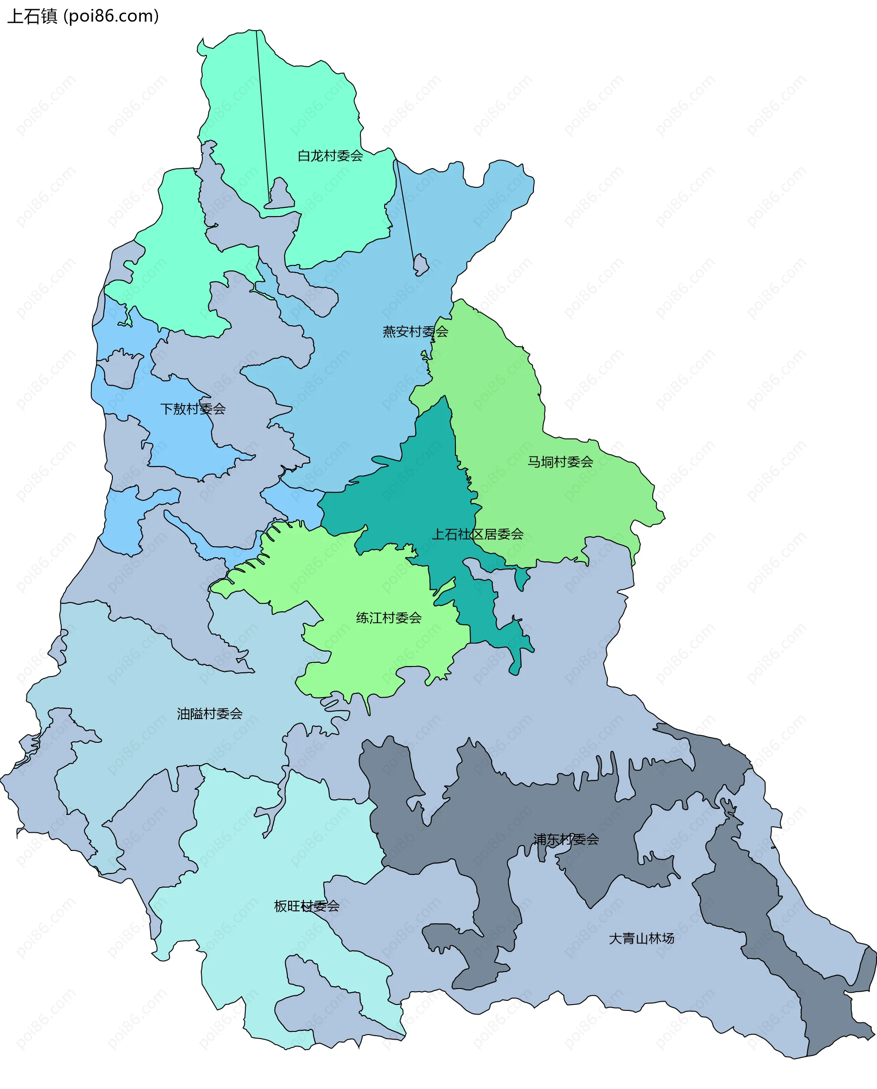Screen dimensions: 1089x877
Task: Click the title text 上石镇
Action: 32,16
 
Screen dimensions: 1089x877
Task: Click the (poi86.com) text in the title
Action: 111,16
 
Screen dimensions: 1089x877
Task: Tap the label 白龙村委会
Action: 330,156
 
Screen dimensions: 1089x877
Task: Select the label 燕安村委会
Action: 415,331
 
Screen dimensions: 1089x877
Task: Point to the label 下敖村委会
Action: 192,409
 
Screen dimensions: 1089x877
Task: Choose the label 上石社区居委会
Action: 477,534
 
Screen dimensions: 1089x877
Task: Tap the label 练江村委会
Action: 389,618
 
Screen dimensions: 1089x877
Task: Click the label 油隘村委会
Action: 210,714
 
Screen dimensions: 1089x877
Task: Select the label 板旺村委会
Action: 306,906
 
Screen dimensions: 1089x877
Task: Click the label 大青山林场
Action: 641,938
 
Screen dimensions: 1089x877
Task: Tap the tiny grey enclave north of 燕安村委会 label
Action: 420,264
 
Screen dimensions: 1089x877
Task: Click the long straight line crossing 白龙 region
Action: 263,116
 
